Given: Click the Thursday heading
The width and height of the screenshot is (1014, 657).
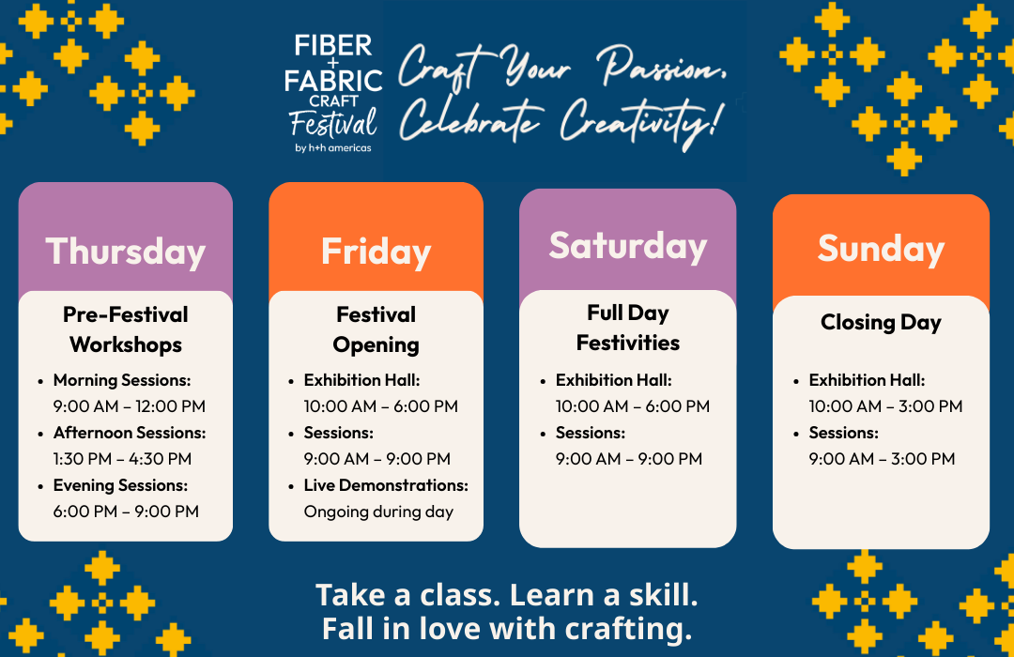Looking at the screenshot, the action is coord(126,251).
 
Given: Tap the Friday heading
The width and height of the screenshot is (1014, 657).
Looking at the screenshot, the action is coord(376,251).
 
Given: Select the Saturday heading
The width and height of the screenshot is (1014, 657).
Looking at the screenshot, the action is coord(628,246).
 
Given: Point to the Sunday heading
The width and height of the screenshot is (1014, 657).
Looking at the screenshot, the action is coord(881,249).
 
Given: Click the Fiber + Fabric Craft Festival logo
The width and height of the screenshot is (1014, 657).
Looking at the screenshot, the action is coord(333,94).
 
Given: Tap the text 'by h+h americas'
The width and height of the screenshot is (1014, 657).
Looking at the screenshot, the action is coord(333,147).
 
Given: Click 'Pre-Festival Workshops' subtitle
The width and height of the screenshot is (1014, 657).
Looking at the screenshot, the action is coord(126,329).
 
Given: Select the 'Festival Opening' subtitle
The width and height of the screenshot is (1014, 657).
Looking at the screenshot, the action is coord(376,329).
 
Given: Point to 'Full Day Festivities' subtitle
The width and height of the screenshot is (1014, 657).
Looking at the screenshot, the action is coord(628,328).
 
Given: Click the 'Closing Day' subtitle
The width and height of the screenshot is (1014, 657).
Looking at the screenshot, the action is coord(881,322).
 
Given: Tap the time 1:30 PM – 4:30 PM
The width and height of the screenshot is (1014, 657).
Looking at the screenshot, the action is coord(122,458).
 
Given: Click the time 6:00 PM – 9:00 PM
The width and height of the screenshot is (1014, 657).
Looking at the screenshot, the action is coord(126,511).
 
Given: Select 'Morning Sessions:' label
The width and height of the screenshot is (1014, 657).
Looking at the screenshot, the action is coord(121,380).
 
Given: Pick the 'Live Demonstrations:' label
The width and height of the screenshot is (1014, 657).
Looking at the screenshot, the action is coord(386,485).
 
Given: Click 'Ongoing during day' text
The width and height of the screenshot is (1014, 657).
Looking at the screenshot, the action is coord(378,512).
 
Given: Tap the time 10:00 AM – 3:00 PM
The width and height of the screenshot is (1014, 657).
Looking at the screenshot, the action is coord(885,406).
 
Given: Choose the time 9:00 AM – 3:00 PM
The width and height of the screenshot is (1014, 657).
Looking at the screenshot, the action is coord(882,458).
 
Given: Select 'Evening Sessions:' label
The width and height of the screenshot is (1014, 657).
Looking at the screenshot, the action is coord(120,485).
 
